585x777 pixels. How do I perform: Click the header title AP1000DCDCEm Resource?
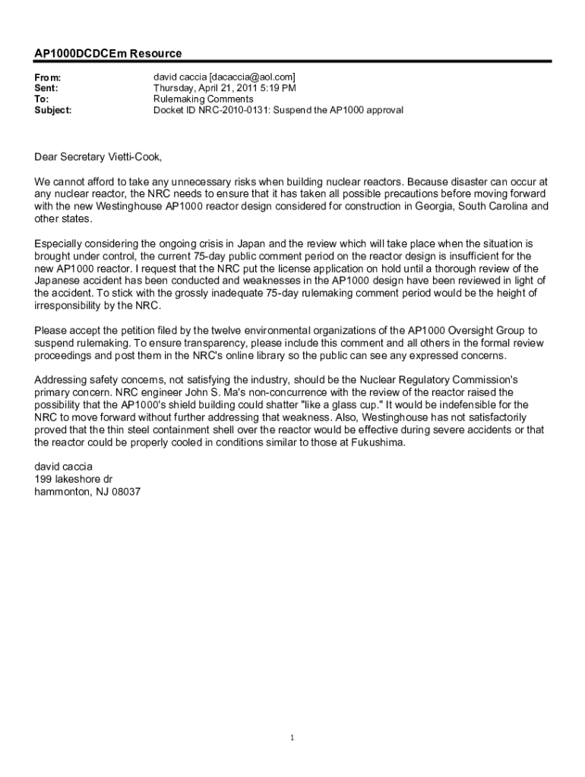tap(108, 54)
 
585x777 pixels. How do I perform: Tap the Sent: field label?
tap(47, 89)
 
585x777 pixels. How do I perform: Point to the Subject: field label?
tap(53, 110)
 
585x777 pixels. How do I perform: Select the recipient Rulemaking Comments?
tap(204, 99)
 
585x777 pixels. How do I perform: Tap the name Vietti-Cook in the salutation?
tap(134, 157)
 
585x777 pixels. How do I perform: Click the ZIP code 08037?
tap(124, 492)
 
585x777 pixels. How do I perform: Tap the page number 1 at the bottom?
tap(292, 738)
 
